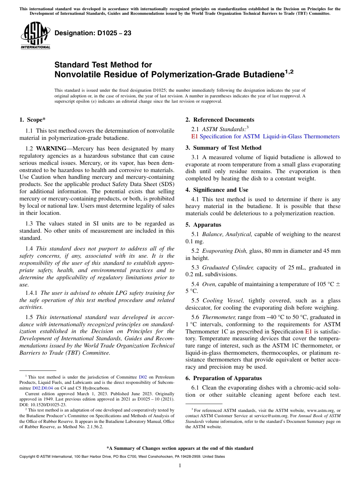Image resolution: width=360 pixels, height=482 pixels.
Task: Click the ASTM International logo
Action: point(35,36)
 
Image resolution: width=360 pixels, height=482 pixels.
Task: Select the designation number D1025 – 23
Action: point(93,33)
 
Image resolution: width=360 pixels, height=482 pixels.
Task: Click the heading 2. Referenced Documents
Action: point(220,120)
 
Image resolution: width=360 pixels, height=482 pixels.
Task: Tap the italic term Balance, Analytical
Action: point(227,234)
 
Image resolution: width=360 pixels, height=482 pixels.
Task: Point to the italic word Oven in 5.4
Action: point(209,284)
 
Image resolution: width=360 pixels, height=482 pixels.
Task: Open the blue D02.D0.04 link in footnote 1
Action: point(42,388)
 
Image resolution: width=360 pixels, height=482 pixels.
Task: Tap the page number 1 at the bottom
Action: point(180,466)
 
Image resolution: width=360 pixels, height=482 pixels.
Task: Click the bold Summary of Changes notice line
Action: point(180,448)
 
